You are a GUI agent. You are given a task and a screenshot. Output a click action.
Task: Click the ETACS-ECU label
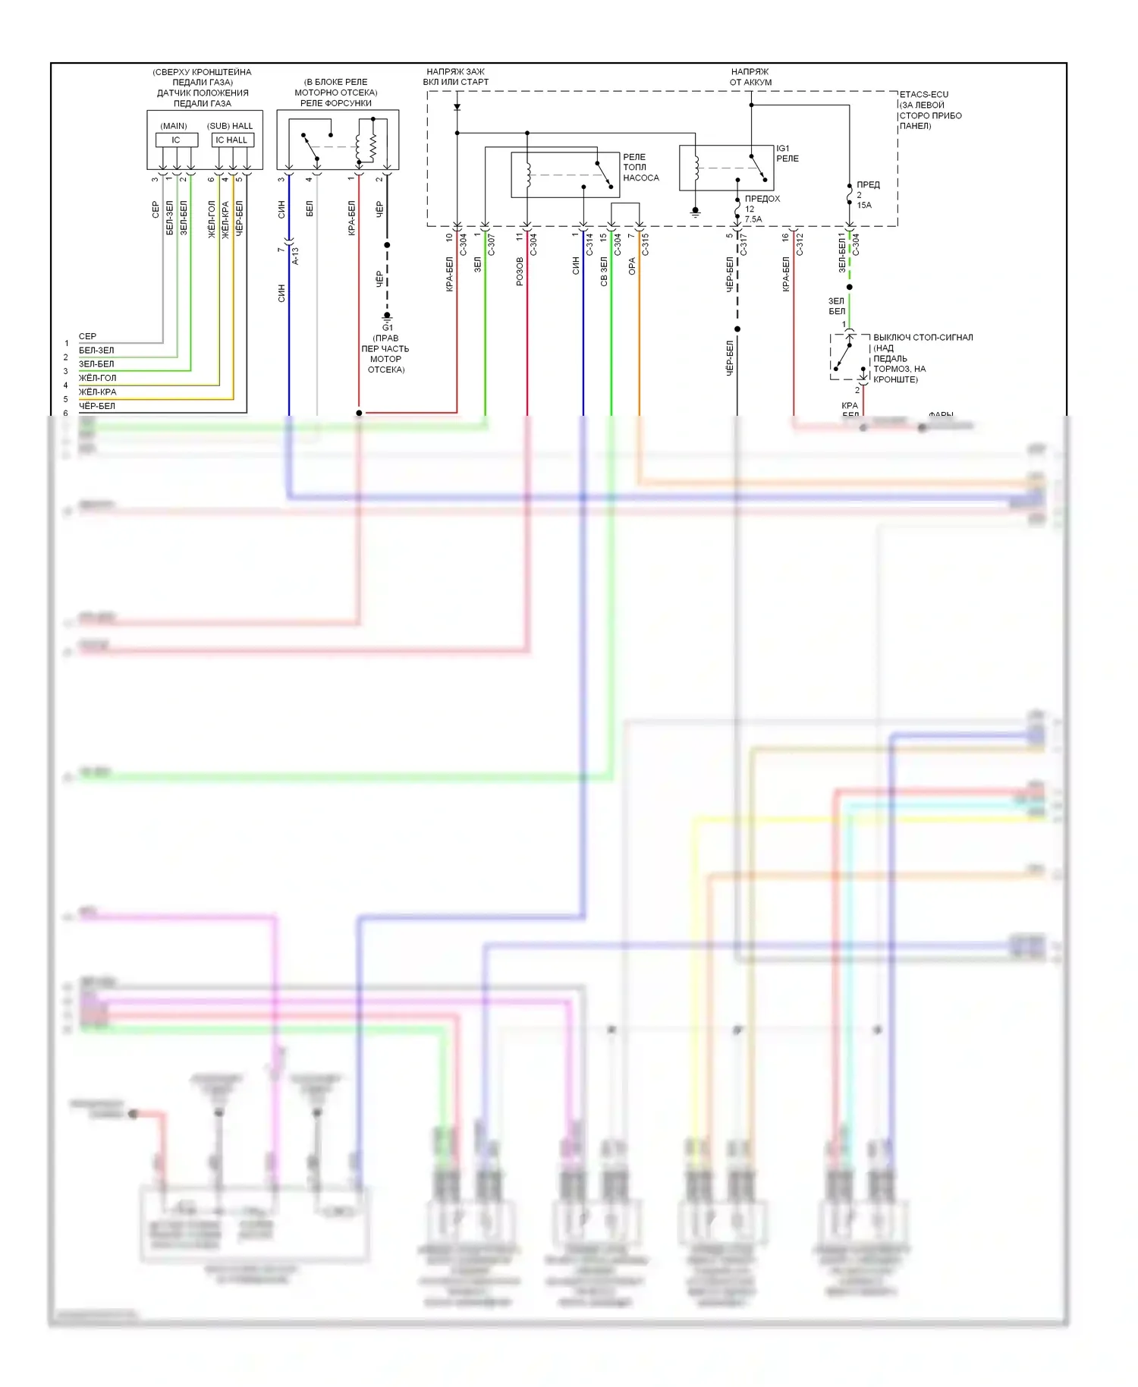click(923, 95)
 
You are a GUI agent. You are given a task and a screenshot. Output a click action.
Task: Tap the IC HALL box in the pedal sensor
click(231, 140)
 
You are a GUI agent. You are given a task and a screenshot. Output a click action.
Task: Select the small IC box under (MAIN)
click(176, 140)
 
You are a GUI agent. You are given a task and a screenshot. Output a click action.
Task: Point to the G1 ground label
click(388, 327)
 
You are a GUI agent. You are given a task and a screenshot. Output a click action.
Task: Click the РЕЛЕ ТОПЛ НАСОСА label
click(640, 167)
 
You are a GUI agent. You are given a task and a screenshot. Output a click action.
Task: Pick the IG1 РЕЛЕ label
click(787, 153)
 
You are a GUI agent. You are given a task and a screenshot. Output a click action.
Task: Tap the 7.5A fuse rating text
click(753, 219)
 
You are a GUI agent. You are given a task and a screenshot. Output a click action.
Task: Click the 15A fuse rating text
click(864, 205)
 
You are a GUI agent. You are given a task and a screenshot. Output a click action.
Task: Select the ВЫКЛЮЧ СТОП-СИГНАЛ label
click(923, 338)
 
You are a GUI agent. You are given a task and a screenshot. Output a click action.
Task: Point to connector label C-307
click(491, 244)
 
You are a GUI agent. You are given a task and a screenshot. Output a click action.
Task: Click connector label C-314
click(589, 244)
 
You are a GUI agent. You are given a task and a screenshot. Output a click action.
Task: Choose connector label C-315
click(646, 244)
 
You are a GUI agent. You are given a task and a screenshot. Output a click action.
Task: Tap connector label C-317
click(743, 244)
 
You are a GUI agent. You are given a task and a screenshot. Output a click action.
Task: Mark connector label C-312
click(800, 244)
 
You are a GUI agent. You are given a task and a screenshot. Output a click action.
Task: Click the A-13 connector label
click(295, 256)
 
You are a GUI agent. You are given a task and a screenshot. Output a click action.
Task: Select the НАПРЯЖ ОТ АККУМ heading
click(750, 77)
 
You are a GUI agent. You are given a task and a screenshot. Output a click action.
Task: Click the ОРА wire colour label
click(632, 266)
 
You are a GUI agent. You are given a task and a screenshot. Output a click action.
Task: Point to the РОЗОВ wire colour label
click(520, 271)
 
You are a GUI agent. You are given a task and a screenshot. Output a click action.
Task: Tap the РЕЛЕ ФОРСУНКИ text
click(336, 103)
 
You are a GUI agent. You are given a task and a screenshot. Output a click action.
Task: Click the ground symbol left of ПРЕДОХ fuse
click(695, 212)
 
